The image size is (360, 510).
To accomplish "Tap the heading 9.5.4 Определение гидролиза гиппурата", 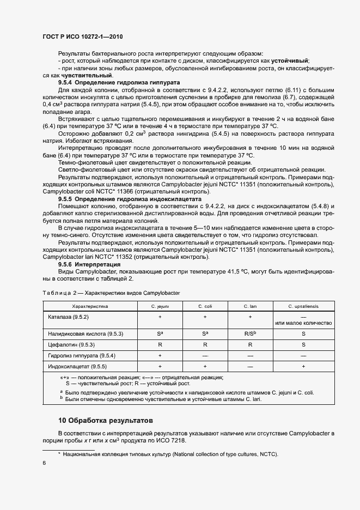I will click(x=115, y=82).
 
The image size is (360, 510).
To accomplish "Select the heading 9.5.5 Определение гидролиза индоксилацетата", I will click(x=130, y=199).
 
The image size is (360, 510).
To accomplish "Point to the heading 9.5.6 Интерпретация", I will click(x=89, y=264).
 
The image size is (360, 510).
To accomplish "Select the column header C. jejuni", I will click(x=160, y=306).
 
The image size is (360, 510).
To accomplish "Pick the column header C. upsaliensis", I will click(x=303, y=306).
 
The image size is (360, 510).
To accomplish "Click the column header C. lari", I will click(x=251, y=306).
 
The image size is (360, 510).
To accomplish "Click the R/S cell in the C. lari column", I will click(x=251, y=332).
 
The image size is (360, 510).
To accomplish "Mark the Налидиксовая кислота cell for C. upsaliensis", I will click(x=303, y=332).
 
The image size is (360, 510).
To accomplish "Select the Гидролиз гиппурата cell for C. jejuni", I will click(x=160, y=355).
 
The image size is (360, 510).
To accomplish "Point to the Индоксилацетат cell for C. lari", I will click(x=251, y=367).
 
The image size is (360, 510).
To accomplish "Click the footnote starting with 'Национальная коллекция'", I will click(x=170, y=453).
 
